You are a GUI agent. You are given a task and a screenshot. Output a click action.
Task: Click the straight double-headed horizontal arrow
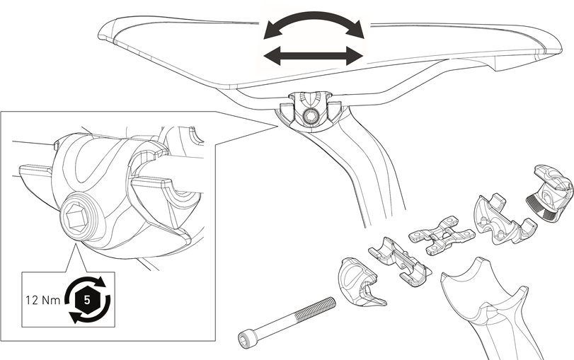tap(314, 56)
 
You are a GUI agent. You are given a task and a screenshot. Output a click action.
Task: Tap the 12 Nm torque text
tap(43, 300)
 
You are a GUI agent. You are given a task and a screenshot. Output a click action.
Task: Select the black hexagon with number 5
tap(87, 301)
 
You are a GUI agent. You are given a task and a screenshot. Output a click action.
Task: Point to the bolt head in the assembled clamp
tap(311, 116)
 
